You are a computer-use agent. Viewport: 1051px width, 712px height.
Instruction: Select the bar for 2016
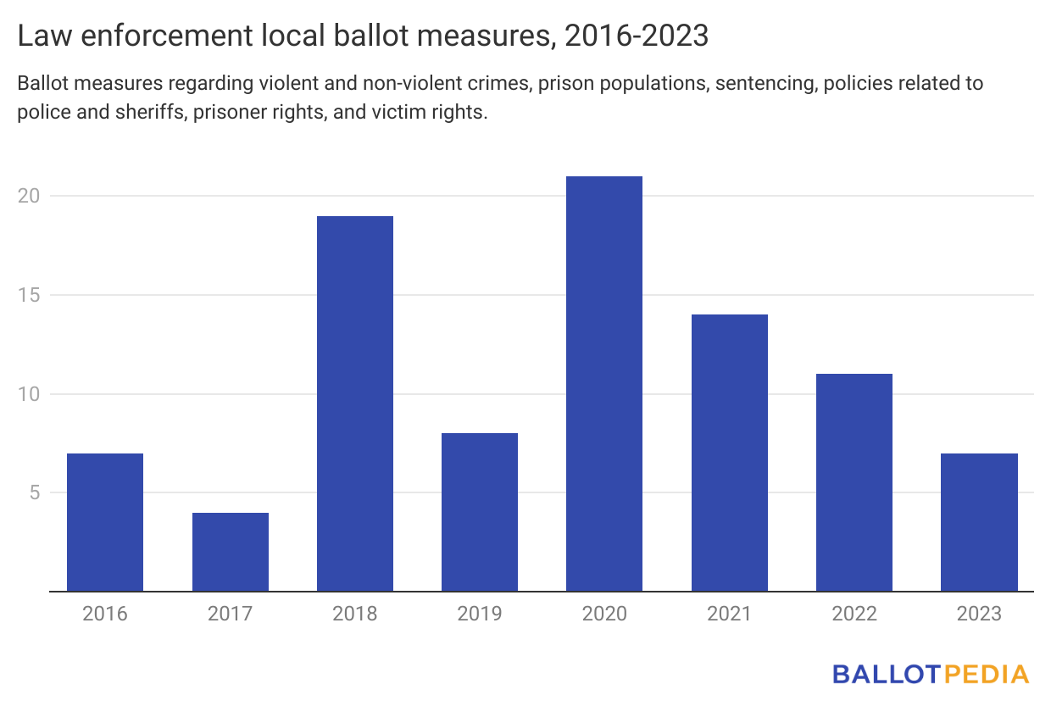(105, 522)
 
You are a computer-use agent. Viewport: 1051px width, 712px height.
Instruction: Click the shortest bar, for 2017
(231, 552)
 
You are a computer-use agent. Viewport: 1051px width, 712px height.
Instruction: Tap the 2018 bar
(355, 403)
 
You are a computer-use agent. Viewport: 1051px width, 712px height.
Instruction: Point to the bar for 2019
(480, 512)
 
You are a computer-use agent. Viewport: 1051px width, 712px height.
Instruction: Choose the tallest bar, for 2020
(604, 383)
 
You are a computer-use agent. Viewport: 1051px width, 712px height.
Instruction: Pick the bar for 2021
(730, 453)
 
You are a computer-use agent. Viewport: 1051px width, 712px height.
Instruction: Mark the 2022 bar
(854, 482)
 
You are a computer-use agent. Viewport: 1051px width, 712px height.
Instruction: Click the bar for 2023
(979, 522)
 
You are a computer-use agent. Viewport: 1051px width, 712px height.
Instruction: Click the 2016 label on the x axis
(105, 614)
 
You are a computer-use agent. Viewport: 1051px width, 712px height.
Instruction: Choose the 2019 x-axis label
(480, 614)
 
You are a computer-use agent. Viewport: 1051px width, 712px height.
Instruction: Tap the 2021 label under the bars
(730, 614)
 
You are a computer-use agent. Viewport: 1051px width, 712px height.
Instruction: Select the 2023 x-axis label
(979, 614)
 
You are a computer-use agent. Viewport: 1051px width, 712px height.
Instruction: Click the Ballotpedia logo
(930, 675)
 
